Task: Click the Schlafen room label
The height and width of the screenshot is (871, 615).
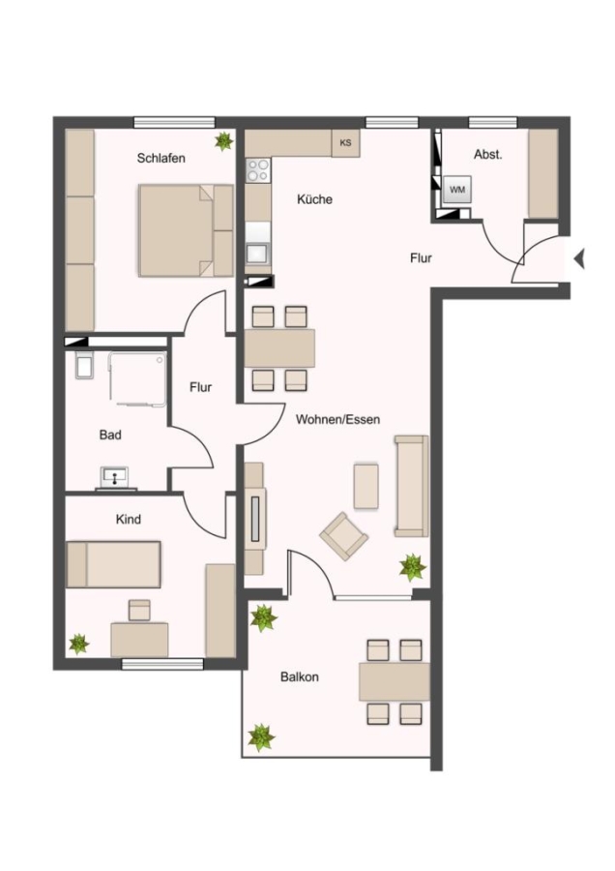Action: [161, 159]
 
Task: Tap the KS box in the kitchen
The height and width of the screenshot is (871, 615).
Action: [345, 143]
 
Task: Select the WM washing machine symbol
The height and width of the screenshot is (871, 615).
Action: [456, 190]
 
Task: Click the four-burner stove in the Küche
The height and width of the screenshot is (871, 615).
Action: [258, 170]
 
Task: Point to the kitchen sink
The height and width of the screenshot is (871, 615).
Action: [258, 253]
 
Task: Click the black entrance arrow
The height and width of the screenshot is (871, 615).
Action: [579, 258]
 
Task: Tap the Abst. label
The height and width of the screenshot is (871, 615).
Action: [488, 155]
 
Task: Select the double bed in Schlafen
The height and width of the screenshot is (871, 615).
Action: [186, 230]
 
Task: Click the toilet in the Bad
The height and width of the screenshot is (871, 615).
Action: [84, 365]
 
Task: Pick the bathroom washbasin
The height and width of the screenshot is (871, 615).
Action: [115, 477]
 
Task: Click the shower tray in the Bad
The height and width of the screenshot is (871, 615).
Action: [137, 378]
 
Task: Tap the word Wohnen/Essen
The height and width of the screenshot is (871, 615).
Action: [338, 419]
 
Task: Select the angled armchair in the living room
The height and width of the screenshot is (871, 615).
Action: [343, 536]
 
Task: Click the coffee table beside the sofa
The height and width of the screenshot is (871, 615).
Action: [366, 486]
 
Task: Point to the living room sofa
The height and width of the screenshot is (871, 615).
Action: [411, 486]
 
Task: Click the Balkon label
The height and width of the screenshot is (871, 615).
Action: [299, 677]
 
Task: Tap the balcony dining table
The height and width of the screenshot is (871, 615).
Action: [395, 681]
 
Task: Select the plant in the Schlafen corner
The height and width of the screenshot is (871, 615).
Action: [223, 140]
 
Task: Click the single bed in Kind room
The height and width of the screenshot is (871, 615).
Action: [113, 564]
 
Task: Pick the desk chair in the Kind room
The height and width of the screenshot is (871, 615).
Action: [139, 610]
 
